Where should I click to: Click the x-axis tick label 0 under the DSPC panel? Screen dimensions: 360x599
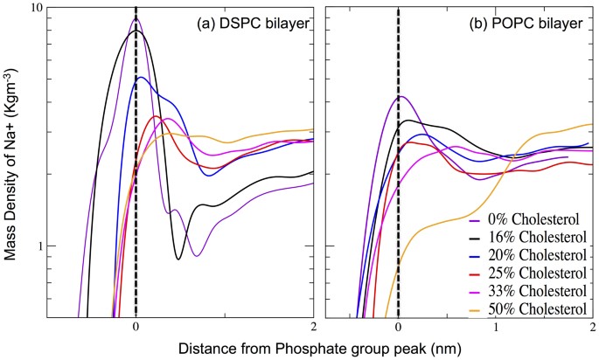coord(136,327)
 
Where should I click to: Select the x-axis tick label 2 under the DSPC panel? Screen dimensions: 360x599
coord(312,327)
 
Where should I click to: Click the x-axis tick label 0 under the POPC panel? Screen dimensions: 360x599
coord(398,327)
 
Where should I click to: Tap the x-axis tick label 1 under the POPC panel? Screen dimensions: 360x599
coord(495,327)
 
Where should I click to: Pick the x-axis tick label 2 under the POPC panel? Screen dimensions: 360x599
coord(592,327)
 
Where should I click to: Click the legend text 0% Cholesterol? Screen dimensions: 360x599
coord(530,218)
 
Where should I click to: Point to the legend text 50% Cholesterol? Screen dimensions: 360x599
coord(533,309)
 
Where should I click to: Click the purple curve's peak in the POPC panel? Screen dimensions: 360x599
coord(400,96)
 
